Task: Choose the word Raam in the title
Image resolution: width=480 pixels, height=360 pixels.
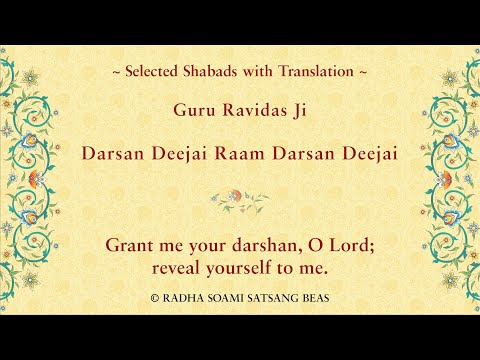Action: coord(247,156)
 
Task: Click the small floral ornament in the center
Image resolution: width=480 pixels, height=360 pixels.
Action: coord(239,198)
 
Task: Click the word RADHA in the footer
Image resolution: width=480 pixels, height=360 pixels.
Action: coord(183,298)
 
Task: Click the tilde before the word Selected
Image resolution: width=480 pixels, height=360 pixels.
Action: coord(116,72)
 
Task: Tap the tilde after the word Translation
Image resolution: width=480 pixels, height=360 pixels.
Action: coord(362,72)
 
